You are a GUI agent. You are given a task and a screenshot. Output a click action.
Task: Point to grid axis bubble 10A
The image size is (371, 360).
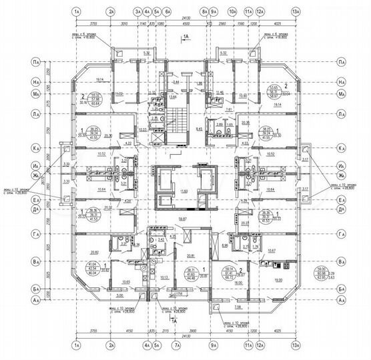tap(232, 12)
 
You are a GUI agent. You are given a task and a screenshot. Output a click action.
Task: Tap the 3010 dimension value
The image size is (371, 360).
tap(124, 23)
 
